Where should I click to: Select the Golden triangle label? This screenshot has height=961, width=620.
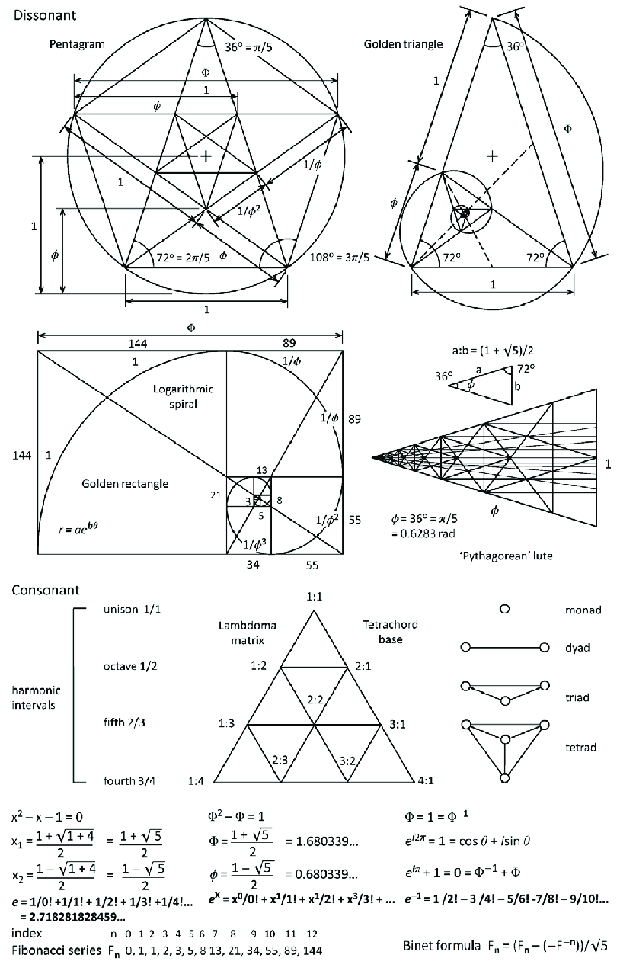click(x=403, y=44)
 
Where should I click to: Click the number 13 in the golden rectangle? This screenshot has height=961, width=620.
click(x=261, y=470)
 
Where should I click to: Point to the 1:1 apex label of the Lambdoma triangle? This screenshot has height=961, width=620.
click(x=314, y=597)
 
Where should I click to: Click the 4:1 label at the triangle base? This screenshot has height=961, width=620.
click(x=426, y=780)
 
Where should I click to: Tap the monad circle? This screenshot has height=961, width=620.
click(x=503, y=610)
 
